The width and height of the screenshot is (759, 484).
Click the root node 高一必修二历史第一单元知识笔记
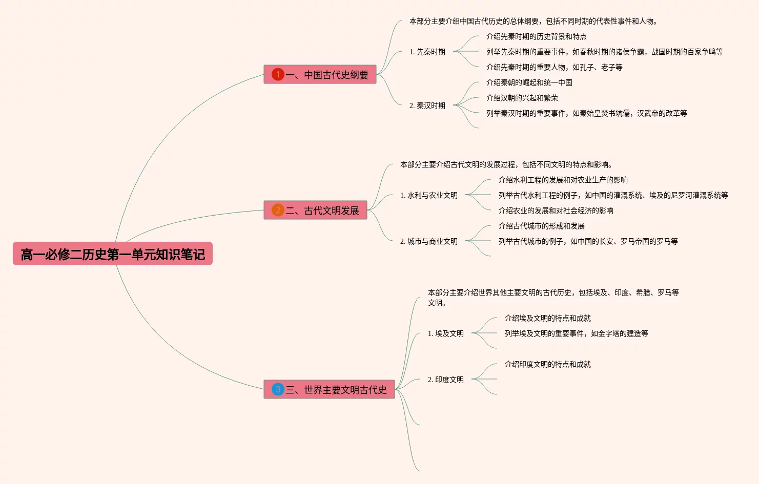pos(113,254)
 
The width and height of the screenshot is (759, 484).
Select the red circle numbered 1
pos(278,74)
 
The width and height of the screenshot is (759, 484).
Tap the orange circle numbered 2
pos(278,210)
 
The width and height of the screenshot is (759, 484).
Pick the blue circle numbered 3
pos(278,389)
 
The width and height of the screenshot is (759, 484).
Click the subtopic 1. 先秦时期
pos(427,52)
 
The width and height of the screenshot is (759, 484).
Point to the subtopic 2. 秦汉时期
pos(427,106)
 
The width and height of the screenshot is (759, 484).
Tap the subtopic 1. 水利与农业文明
pos(429,195)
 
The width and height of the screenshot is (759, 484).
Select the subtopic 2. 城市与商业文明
pos(429,241)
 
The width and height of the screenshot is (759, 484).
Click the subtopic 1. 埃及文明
pos(446,333)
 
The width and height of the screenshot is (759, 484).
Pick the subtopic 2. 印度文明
pos(446,380)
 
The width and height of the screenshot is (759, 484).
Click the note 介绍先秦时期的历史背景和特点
pos(537,36)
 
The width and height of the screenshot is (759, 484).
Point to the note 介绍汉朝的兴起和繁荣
pos(522,98)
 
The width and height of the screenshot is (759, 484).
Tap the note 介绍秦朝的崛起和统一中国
pos(529,82)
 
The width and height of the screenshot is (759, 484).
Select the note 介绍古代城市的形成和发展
pos(542,226)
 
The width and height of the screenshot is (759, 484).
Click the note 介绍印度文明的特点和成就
pos(548,364)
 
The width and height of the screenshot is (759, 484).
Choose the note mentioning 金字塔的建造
pos(577,333)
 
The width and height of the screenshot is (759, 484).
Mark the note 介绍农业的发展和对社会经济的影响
pos(556,211)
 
